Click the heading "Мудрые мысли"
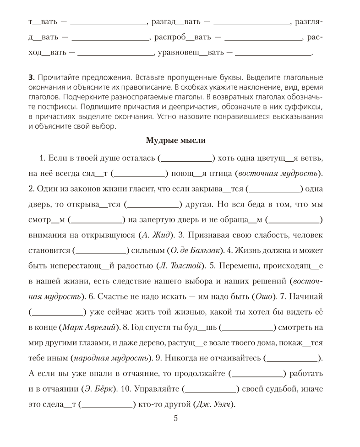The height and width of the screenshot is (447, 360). pyautogui.click(x=175, y=141)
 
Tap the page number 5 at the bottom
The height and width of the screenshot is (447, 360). pyautogui.click(x=176, y=418)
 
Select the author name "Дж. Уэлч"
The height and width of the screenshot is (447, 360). pyautogui.click(x=214, y=405)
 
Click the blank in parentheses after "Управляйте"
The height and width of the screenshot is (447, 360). pyautogui.click(x=211, y=389)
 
